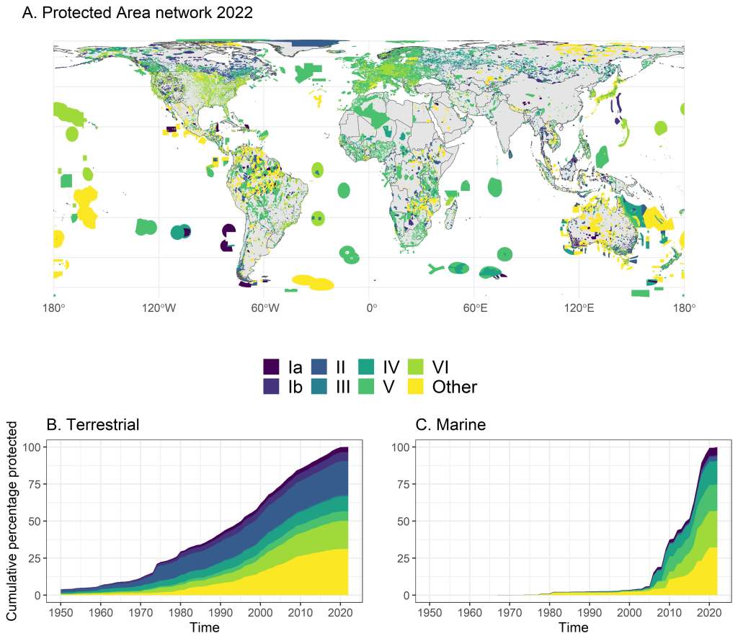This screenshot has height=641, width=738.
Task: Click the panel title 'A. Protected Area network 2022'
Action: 138,13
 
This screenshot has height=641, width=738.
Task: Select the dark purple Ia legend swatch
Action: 271,367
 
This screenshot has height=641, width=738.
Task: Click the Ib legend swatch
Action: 271,387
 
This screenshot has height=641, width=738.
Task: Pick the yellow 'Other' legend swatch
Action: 416,387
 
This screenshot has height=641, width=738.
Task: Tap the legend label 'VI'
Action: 441,367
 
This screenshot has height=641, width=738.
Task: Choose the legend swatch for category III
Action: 319,387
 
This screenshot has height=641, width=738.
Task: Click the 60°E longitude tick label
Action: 476,309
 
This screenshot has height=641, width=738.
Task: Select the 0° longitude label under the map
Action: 371,309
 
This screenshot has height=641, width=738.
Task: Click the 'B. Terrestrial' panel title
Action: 93,425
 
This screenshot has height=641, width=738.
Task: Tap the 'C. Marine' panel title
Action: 451,425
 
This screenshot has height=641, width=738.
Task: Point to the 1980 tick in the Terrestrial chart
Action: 181,612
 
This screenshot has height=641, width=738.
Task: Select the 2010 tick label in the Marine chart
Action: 670,612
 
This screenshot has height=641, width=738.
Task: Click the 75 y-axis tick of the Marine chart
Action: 401,484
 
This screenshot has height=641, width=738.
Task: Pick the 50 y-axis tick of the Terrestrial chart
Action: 33,521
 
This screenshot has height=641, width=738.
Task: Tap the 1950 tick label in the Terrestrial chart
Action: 61,612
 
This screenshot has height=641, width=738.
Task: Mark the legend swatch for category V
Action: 368,387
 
